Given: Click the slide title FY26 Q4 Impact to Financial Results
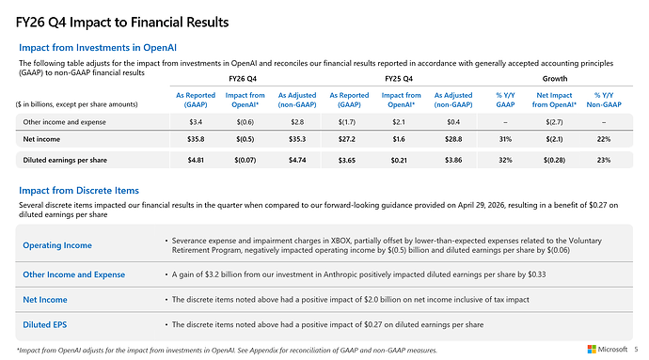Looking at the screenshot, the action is [x=122, y=23].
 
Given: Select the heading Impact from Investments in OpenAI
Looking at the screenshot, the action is [x=98, y=48].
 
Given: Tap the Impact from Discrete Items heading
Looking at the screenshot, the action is [x=79, y=191].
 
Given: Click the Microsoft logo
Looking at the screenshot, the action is [x=592, y=350].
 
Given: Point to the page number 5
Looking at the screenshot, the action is [x=636, y=350].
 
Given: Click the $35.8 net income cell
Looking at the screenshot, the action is [x=196, y=139].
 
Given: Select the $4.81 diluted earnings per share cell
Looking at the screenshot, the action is [x=196, y=160].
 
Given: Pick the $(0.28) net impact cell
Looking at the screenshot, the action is [x=554, y=160].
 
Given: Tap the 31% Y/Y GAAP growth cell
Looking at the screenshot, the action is [x=505, y=139].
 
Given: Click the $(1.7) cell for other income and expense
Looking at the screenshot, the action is [x=346, y=122].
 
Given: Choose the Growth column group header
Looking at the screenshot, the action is [x=555, y=79].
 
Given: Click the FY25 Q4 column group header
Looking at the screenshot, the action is [x=399, y=79].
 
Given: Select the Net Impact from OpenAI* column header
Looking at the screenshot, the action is [x=554, y=100].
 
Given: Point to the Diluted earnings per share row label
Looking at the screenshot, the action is [x=65, y=160].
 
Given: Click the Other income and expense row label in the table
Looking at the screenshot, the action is [x=64, y=122].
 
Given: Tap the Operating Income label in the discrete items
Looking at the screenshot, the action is [x=57, y=245].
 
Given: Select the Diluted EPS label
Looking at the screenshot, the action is [x=45, y=325].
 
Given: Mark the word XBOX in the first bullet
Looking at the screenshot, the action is [x=340, y=241].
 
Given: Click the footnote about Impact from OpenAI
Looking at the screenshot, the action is [x=227, y=350].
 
